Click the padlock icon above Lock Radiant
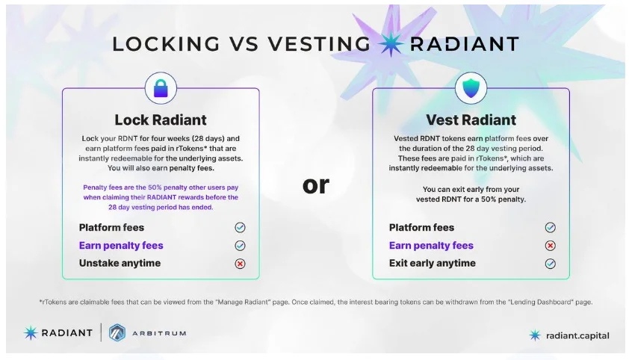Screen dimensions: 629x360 (x=161, y=88)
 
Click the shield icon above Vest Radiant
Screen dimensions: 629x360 (x=471, y=88)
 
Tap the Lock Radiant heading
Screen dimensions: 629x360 (x=161, y=120)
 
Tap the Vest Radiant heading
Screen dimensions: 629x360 (x=471, y=120)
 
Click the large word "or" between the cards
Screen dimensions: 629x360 (x=316, y=185)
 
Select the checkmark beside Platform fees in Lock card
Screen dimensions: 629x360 (x=240, y=228)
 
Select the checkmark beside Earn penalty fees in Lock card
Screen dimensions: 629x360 (x=240, y=245)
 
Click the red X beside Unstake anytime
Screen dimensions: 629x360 (x=240, y=264)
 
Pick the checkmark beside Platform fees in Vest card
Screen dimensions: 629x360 (x=551, y=228)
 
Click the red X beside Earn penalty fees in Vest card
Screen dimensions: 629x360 (x=551, y=245)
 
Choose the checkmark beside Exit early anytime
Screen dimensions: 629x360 (x=551, y=264)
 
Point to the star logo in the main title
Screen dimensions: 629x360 (x=391, y=44)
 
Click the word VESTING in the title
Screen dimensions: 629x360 (x=319, y=44)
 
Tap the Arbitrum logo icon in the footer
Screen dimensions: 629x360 (x=117, y=333)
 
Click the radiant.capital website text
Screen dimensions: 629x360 (x=577, y=335)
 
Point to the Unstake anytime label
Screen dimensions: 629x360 (x=120, y=263)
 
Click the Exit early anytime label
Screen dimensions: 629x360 (x=433, y=263)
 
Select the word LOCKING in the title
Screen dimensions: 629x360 (x=167, y=44)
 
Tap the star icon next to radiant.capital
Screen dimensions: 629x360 (x=535, y=335)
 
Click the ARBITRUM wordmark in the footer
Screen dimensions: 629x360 (x=159, y=333)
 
